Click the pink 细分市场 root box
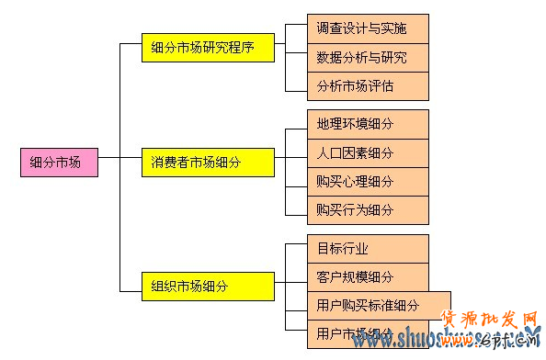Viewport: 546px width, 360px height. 58,163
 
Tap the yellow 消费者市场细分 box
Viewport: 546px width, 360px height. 208,163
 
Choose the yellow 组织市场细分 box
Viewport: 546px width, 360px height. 208,286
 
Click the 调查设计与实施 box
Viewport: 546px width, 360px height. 369,28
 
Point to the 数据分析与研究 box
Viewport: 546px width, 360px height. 369,57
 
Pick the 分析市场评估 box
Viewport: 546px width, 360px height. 369,86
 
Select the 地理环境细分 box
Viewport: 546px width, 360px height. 369,123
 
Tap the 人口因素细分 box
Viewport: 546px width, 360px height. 369,152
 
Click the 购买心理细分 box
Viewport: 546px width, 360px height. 369,181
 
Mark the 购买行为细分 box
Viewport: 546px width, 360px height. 369,209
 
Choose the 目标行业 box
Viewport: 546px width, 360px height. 369,248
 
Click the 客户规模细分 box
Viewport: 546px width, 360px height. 369,276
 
